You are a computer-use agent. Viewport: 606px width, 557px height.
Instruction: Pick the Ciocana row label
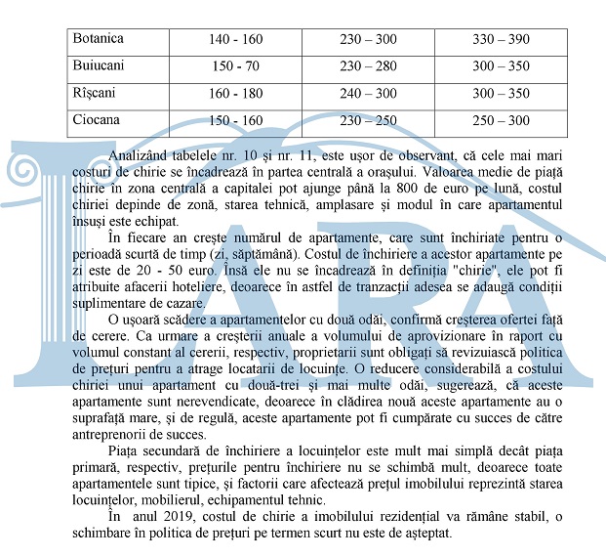coord(97,120)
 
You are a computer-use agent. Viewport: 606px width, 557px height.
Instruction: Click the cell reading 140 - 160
coord(235,40)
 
